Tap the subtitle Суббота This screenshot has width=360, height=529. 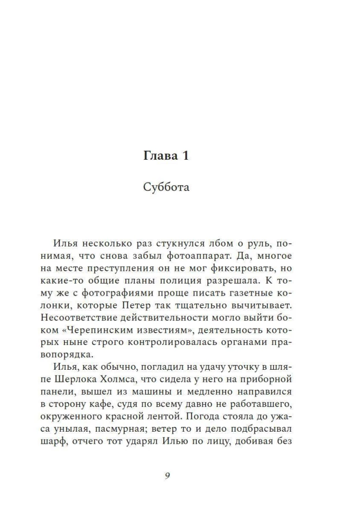166,187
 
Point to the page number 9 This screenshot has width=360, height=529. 167,476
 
